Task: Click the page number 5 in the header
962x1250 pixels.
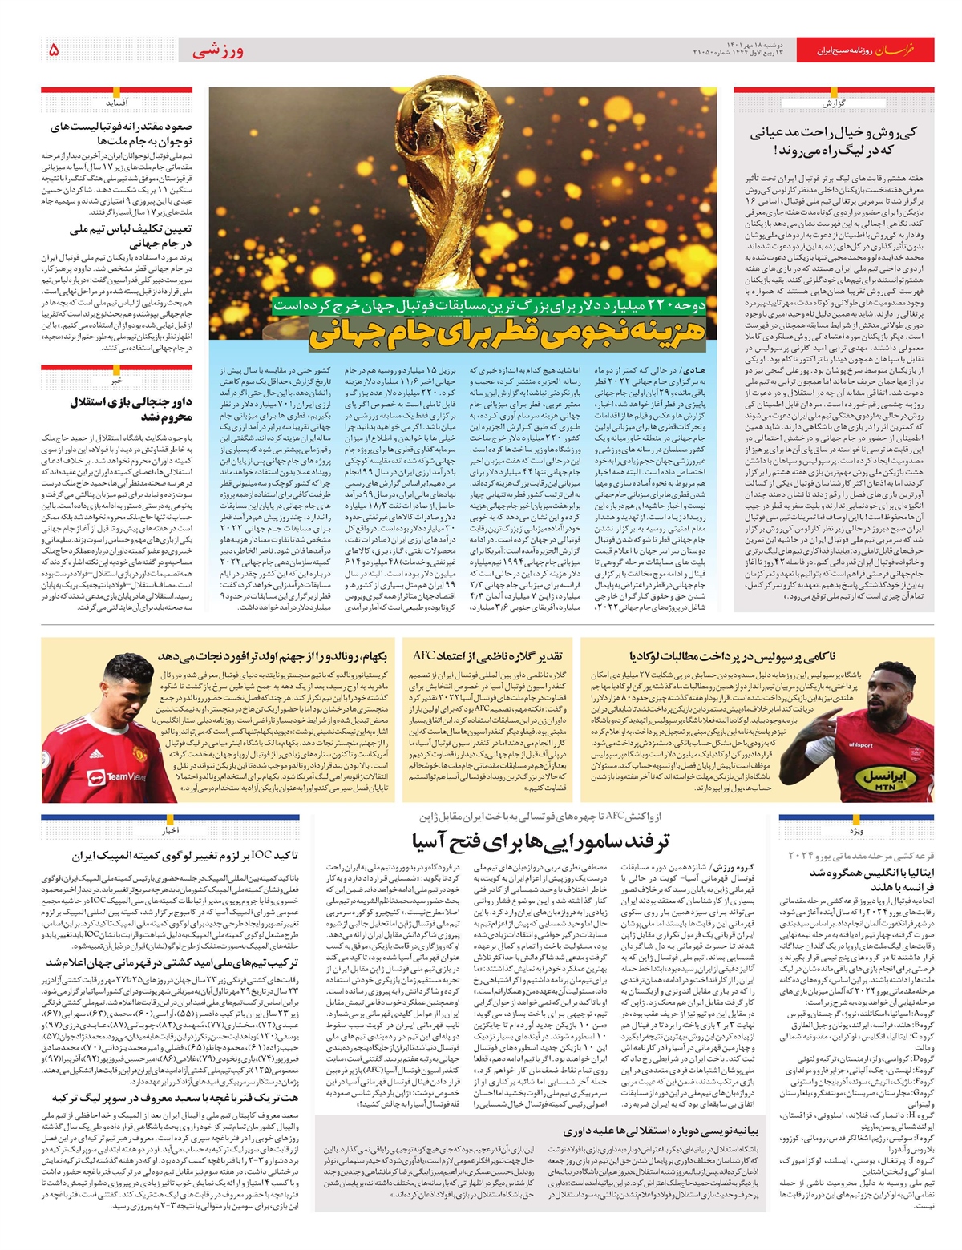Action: (54, 50)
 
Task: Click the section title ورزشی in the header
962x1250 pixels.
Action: (217, 51)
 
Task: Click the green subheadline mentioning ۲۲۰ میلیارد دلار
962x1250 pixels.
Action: (490, 305)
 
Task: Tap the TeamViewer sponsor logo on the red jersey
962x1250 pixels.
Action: (120, 776)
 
